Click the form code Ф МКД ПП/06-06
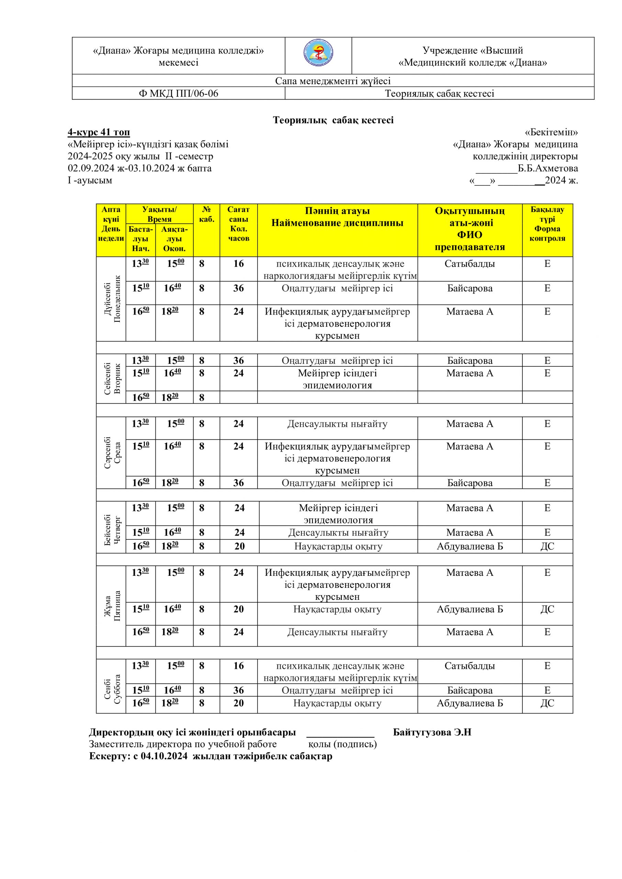click(x=179, y=93)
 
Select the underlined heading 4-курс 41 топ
click(x=99, y=133)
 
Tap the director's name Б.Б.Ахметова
click(x=548, y=169)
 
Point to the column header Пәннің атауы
click(x=337, y=211)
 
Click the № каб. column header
click(x=206, y=214)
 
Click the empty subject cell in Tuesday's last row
click(x=337, y=397)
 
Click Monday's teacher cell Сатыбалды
click(x=470, y=264)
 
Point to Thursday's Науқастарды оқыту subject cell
click(x=338, y=546)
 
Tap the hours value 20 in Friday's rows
click(x=239, y=609)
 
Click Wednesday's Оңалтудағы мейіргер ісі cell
click(x=337, y=483)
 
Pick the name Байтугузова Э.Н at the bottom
click(x=432, y=732)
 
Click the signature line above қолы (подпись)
click(x=340, y=736)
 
